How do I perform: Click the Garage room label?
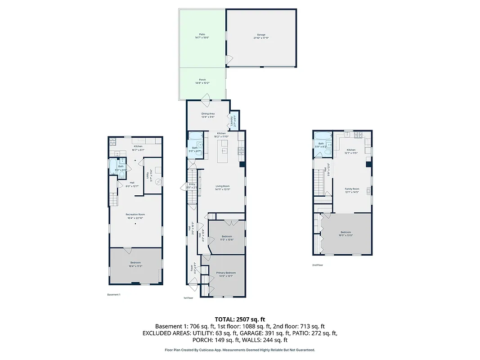pyautogui.click(x=261, y=35)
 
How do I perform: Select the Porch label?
pyautogui.click(x=202, y=80)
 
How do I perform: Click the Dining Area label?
pyautogui.click(x=208, y=114)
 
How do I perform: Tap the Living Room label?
pyautogui.click(x=223, y=186)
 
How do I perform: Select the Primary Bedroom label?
pyautogui.click(x=226, y=273)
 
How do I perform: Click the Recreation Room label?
pyautogui.click(x=135, y=215)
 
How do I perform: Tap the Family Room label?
pyautogui.click(x=352, y=189)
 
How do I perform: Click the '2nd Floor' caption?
pyautogui.click(x=318, y=265)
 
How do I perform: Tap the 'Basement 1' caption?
pyautogui.click(x=114, y=295)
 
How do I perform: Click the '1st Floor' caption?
pyautogui.click(x=188, y=298)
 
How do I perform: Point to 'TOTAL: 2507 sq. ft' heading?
pyautogui.click(x=239, y=319)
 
